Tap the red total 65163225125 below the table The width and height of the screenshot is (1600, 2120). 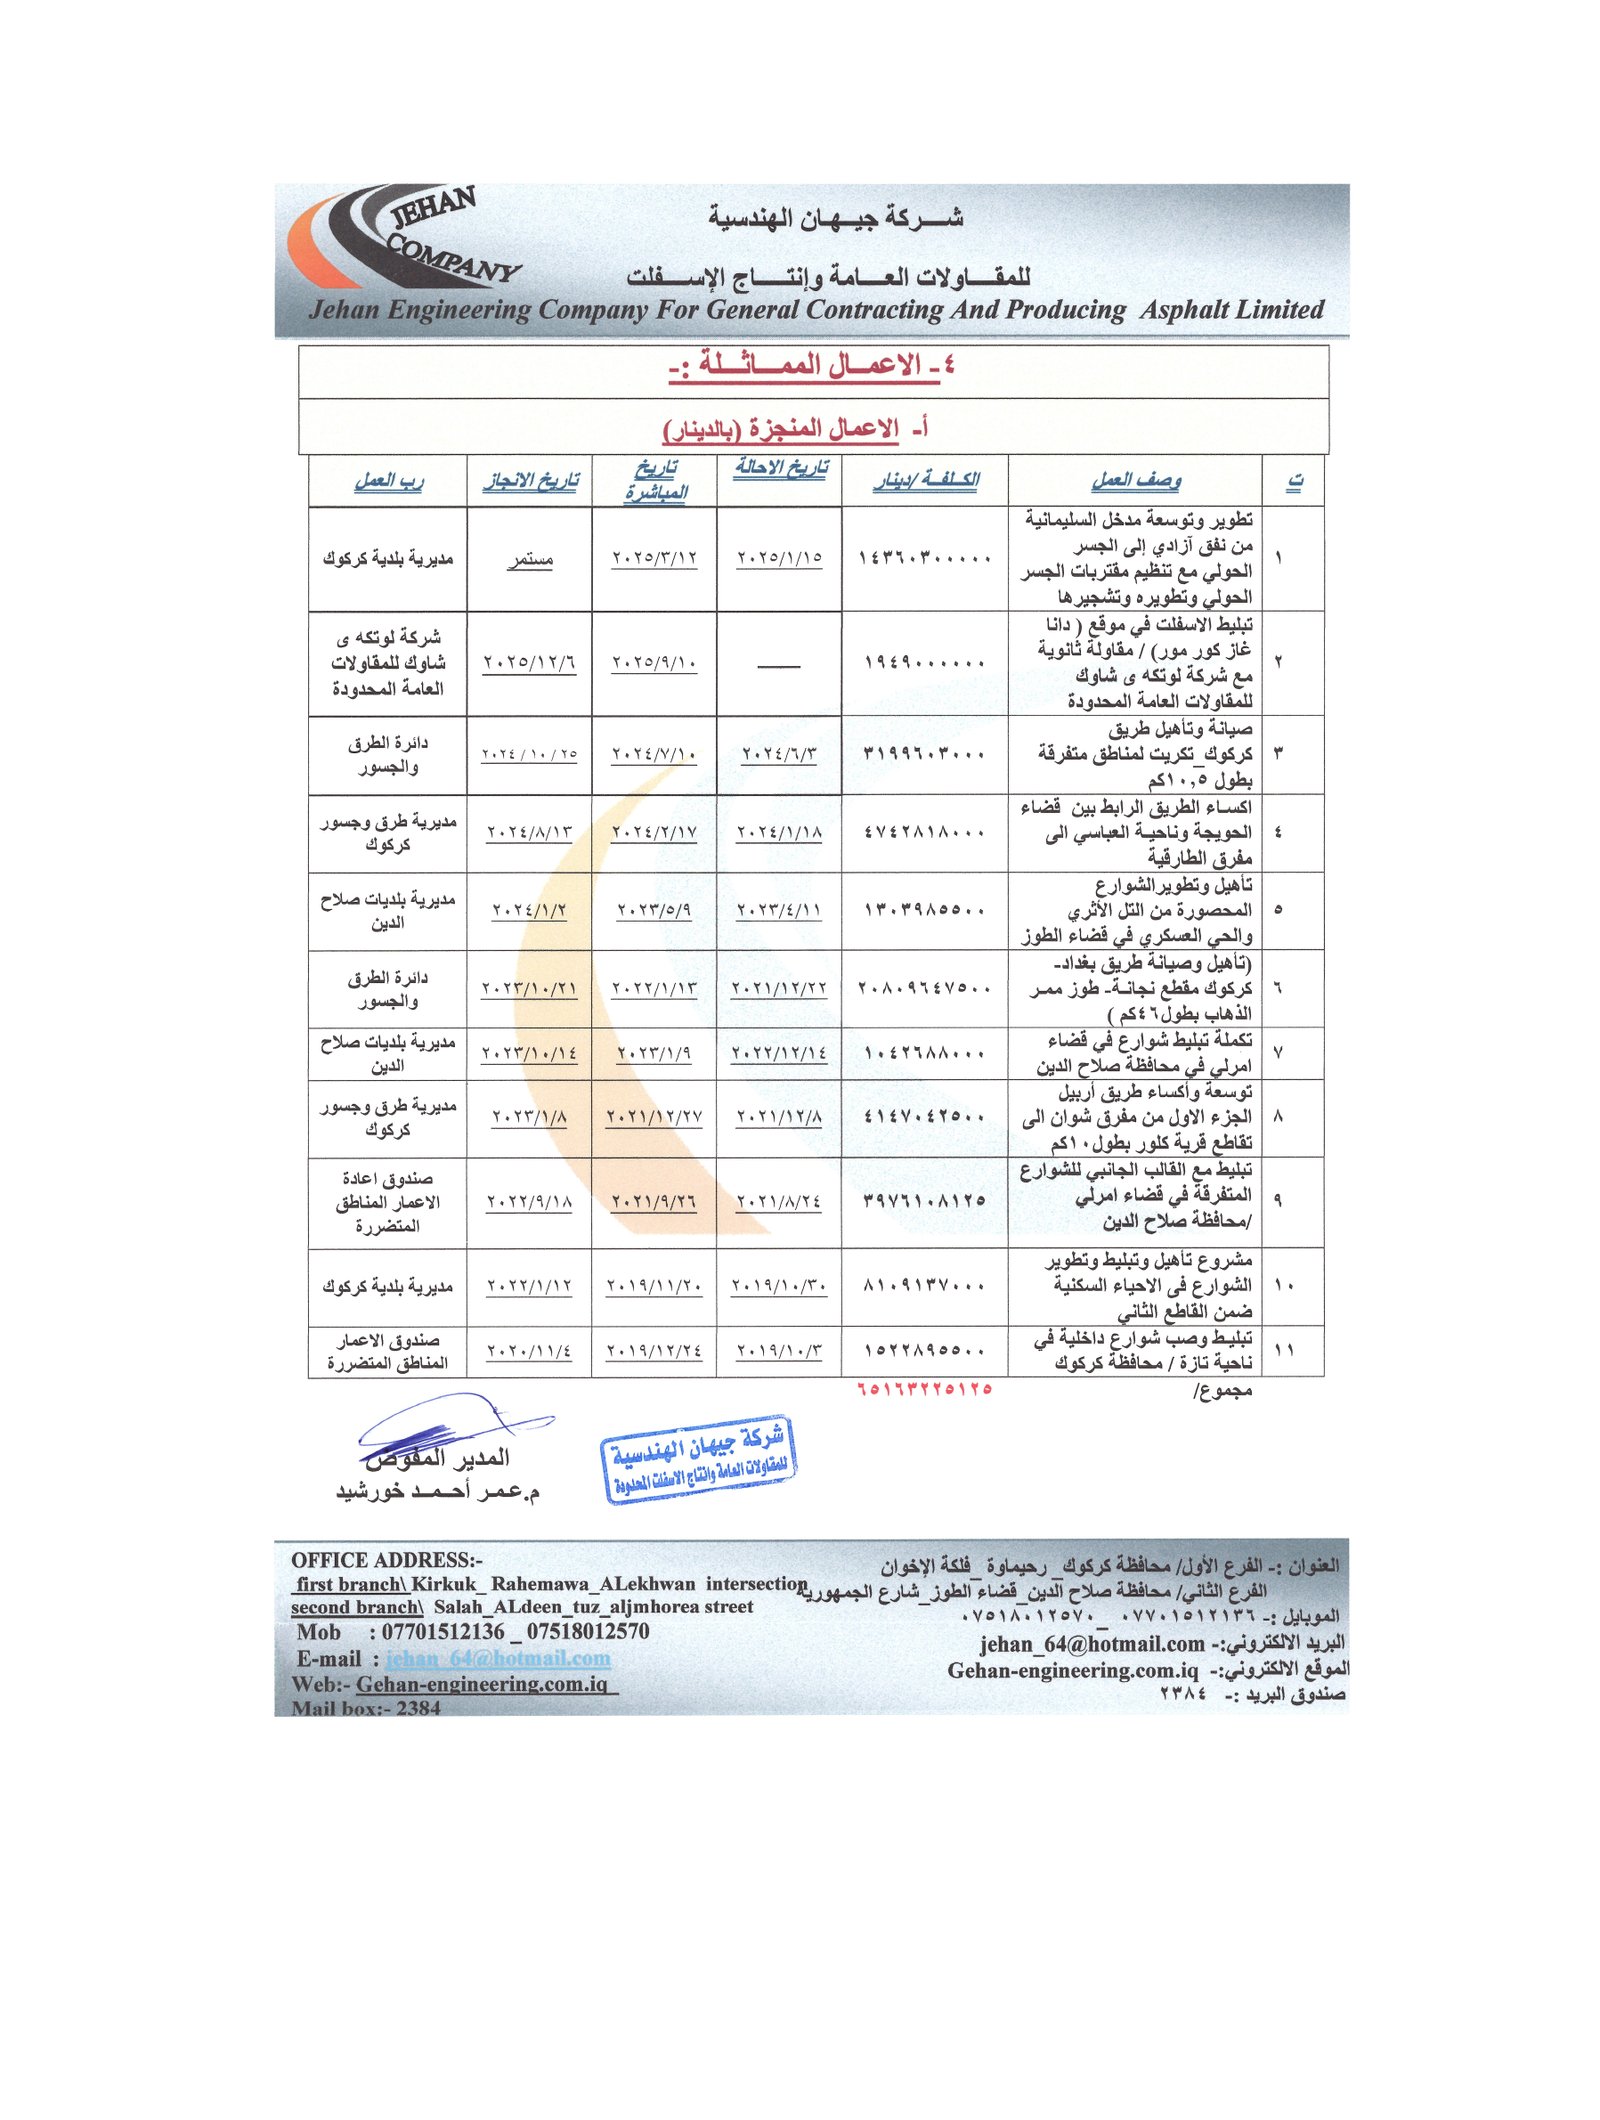tap(924, 1389)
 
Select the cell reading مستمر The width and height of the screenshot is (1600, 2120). tap(530, 559)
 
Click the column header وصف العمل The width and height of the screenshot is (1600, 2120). tap(1135, 481)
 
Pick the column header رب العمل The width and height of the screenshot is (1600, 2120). tap(388, 481)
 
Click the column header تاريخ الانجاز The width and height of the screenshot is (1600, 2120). tap(530, 481)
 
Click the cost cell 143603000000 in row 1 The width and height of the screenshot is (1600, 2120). tap(924, 558)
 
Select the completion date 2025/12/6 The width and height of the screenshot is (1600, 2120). tap(529, 663)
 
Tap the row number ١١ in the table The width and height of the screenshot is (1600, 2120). tap(1284, 1350)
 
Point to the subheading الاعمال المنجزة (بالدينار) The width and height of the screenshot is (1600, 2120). tap(796, 429)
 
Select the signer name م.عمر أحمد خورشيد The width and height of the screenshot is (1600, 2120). tap(437, 1492)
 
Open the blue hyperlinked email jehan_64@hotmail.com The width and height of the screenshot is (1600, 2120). tap(498, 1658)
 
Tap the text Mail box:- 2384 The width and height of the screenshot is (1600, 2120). tap(366, 1708)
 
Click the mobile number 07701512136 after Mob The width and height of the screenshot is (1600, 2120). tap(443, 1632)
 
